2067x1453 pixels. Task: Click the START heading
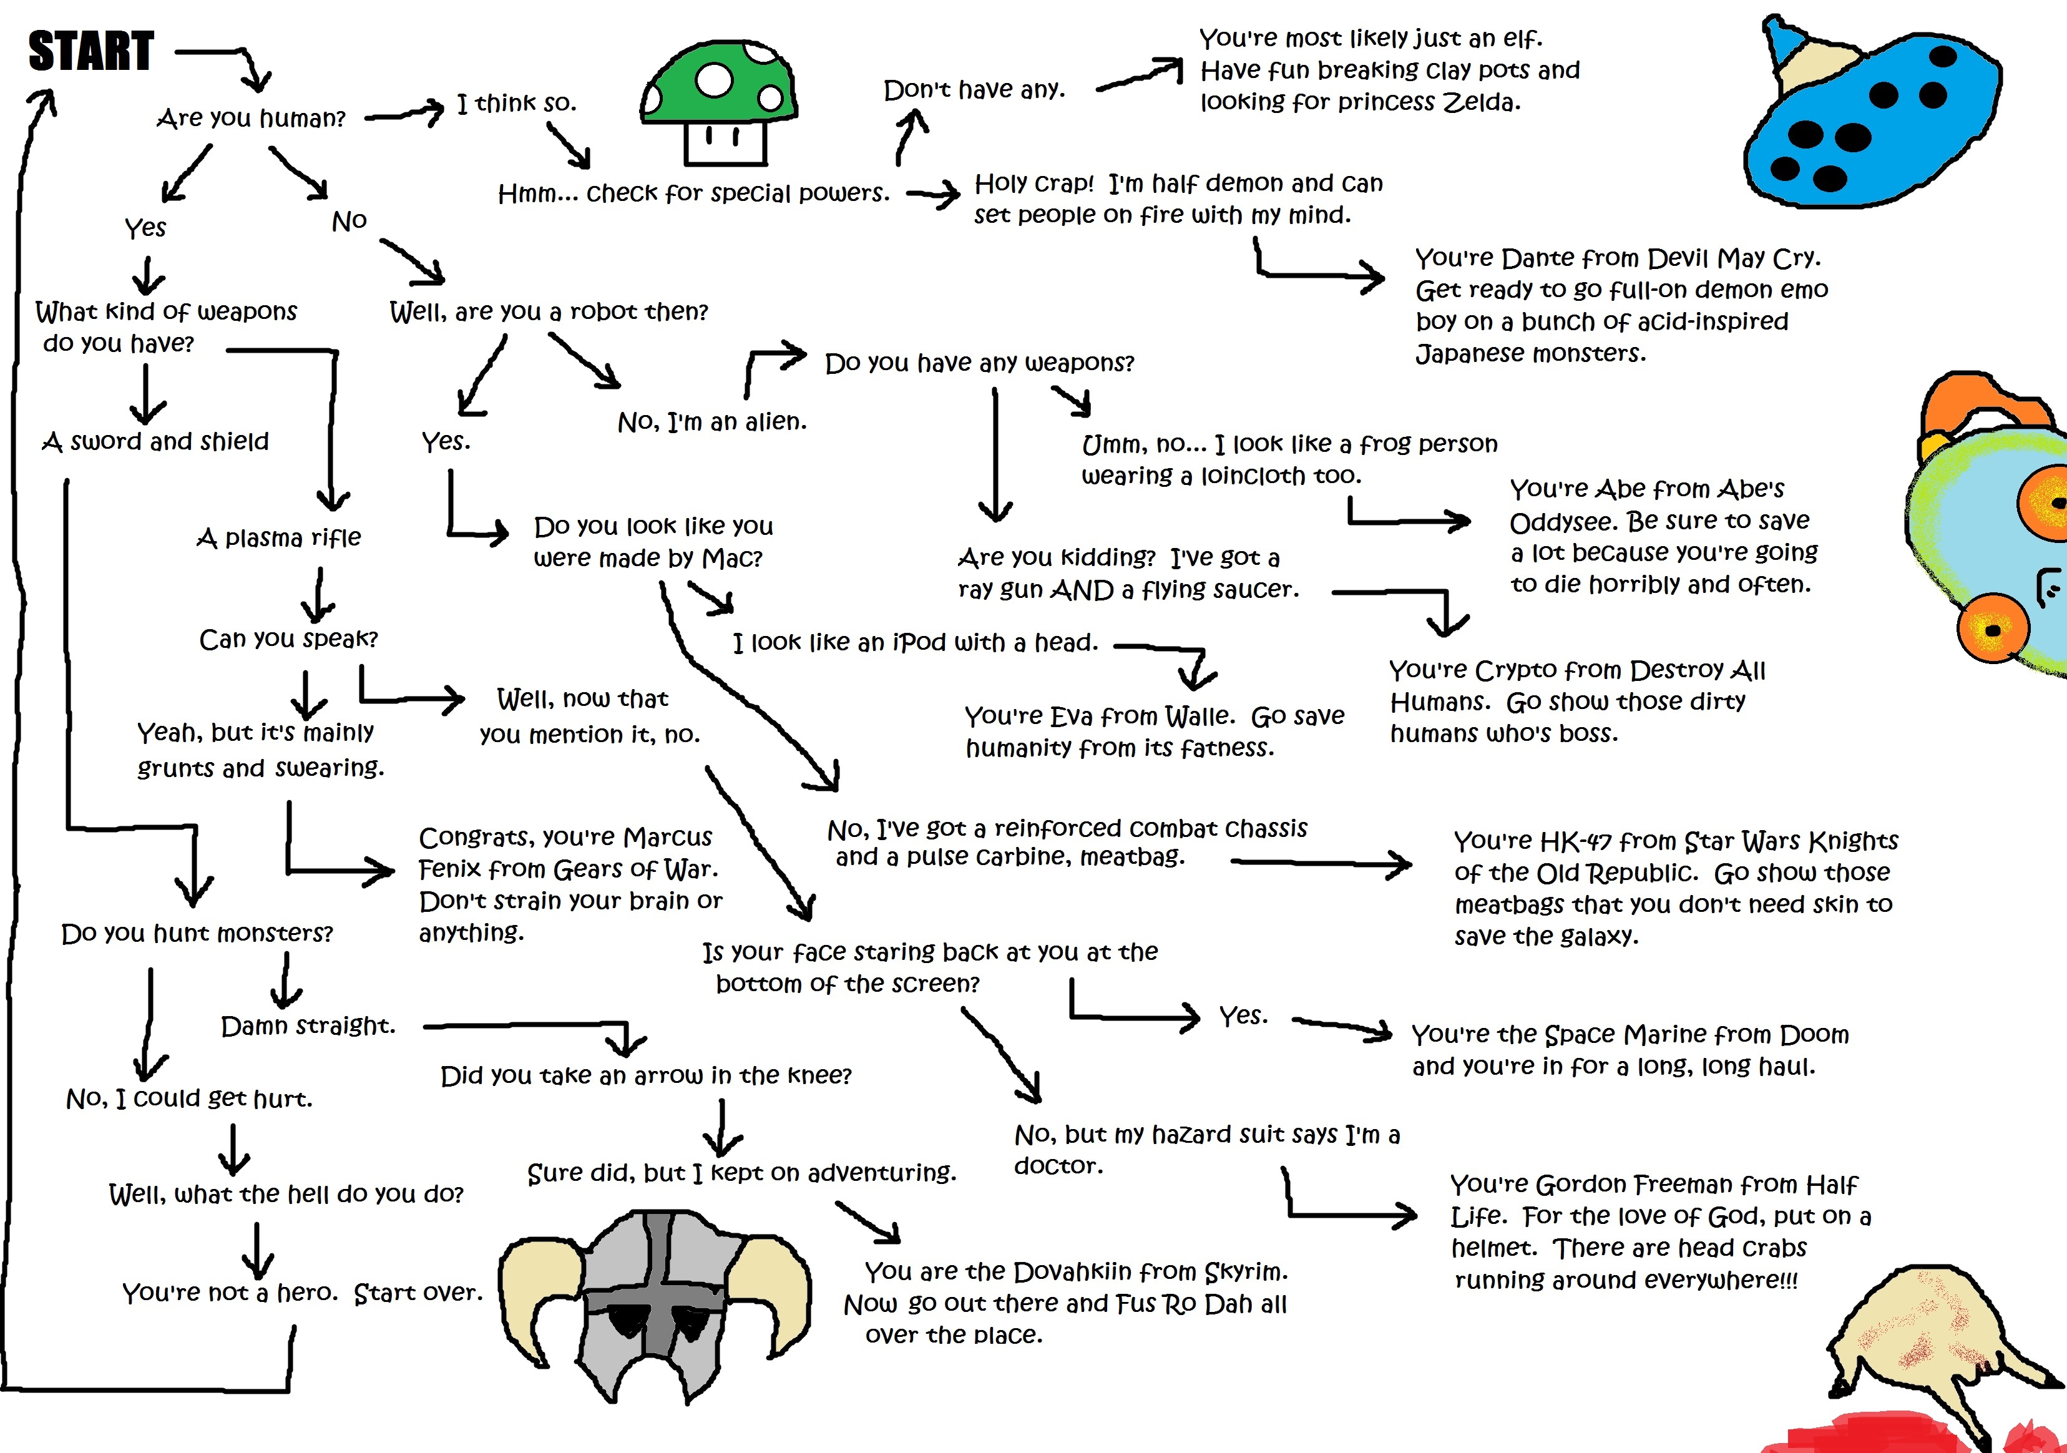pos(91,51)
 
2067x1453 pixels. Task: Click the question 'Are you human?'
pos(251,118)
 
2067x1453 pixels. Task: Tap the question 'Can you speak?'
pos(288,638)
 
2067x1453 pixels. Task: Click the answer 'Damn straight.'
pos(308,1025)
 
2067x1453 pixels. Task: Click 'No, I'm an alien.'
pos(712,421)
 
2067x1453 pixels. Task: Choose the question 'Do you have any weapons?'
pos(979,363)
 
